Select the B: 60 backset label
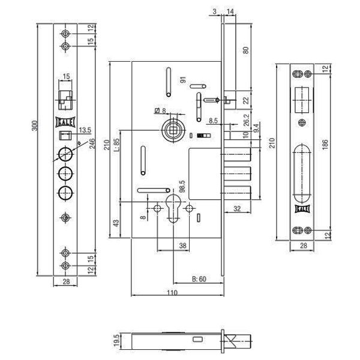click(x=199, y=278)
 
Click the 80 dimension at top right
click(x=244, y=50)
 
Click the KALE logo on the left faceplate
click(x=65, y=121)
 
